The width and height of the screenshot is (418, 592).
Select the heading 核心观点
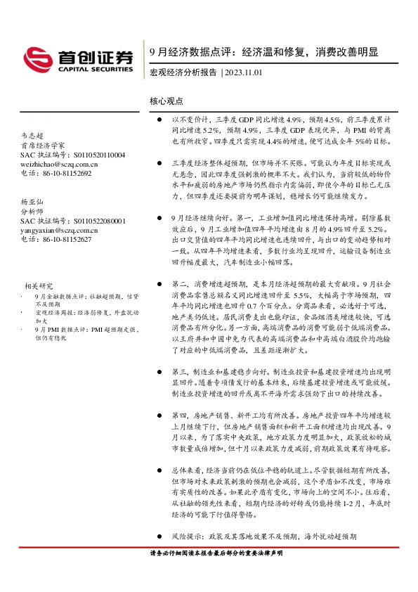166,101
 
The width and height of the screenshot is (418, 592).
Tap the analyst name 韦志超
33,136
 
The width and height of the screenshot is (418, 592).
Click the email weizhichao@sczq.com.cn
60,164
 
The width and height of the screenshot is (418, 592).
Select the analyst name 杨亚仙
33,201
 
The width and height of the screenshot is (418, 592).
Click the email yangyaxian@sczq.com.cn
60,229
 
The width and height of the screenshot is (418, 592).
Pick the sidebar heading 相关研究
39,285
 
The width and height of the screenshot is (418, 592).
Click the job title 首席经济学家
42,146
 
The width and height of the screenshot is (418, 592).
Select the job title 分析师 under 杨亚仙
33,211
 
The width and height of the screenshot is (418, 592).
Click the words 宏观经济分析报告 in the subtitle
184,72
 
